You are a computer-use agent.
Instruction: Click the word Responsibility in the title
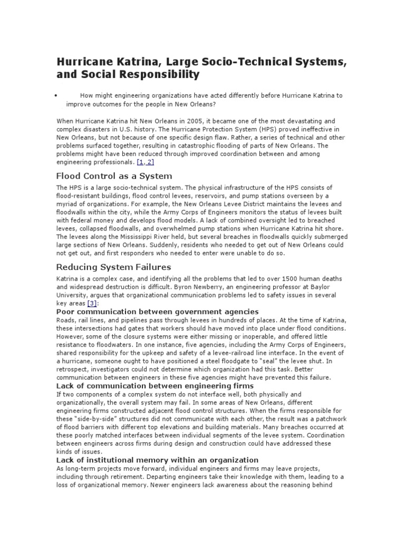[158, 74]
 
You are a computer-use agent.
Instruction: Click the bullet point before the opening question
[55, 96]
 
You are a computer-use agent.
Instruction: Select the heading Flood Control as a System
[114, 176]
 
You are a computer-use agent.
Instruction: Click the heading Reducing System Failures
[113, 267]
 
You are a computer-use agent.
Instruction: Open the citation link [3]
[92, 304]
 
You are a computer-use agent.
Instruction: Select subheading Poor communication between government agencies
[157, 312]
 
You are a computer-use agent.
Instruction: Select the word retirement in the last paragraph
[114, 476]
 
